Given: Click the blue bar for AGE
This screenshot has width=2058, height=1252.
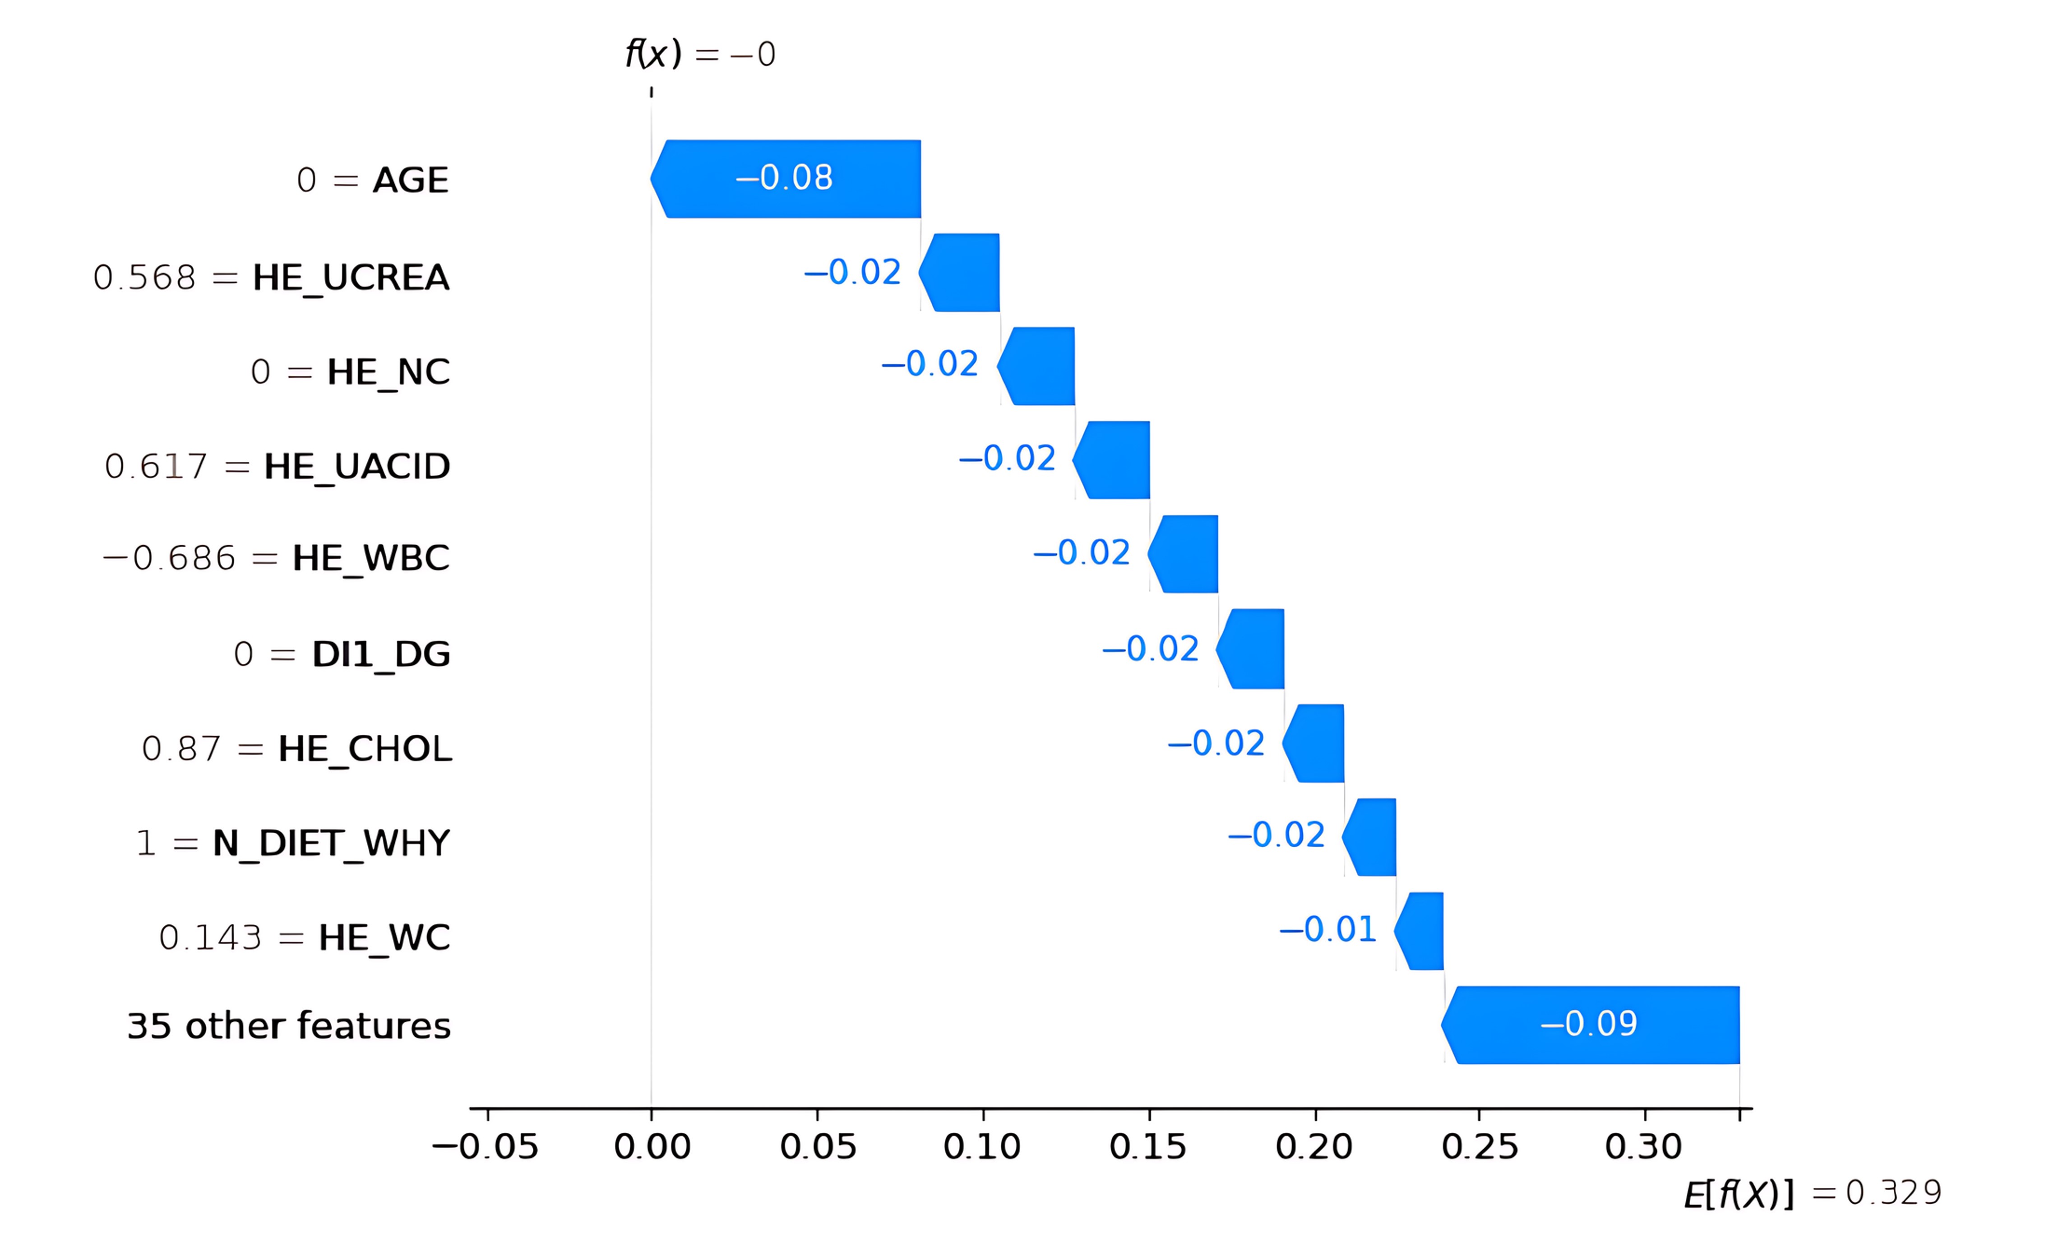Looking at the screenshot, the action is click(785, 179).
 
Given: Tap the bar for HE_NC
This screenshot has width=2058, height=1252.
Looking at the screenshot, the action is click(1036, 366).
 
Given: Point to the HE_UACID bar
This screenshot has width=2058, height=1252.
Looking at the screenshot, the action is click(1111, 460).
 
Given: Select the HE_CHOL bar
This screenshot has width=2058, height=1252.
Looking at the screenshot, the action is click(1313, 743).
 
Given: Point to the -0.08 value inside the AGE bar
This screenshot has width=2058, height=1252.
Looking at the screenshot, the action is click(784, 177).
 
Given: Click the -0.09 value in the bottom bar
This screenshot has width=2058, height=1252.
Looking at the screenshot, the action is click(1589, 1023).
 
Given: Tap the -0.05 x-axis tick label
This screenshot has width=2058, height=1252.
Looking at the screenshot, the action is click(485, 1147).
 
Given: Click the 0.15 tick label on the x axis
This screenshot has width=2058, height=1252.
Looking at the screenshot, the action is click(1147, 1147).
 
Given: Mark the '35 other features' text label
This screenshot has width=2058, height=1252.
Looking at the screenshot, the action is click(289, 1025).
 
